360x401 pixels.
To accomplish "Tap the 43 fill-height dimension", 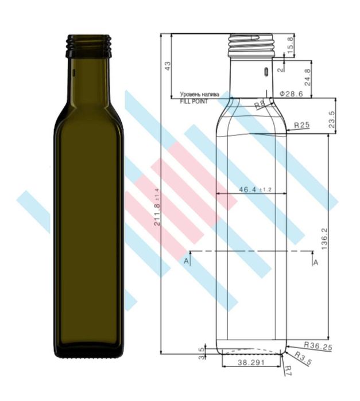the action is tap(168, 66).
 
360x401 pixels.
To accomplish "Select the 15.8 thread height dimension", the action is tap(290, 45).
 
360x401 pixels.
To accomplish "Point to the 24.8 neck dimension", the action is tap(308, 77).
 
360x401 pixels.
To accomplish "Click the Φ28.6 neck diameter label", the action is tap(291, 94).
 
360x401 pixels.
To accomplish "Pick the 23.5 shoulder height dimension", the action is tap(332, 119).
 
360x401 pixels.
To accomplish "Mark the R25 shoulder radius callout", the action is tap(301, 125).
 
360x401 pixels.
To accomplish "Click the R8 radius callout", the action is tap(260, 104).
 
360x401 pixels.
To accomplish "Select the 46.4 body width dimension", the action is tap(255, 189).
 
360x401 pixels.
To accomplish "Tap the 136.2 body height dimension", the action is tap(324, 239).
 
